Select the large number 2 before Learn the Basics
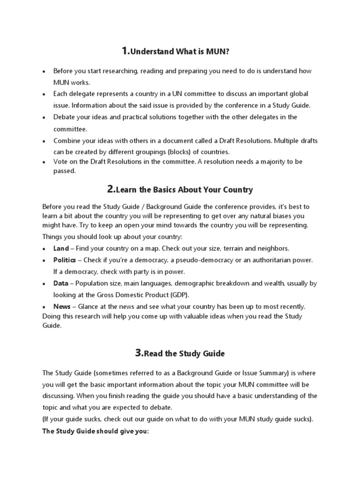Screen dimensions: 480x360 click(111, 189)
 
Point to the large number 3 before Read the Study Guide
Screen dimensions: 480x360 click(139, 353)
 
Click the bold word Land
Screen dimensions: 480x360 click(61, 248)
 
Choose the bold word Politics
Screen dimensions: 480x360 click(65, 260)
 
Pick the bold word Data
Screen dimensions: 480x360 click(60, 283)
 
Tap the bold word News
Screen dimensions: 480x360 click(62, 307)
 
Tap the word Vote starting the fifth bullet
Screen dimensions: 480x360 click(61, 162)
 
